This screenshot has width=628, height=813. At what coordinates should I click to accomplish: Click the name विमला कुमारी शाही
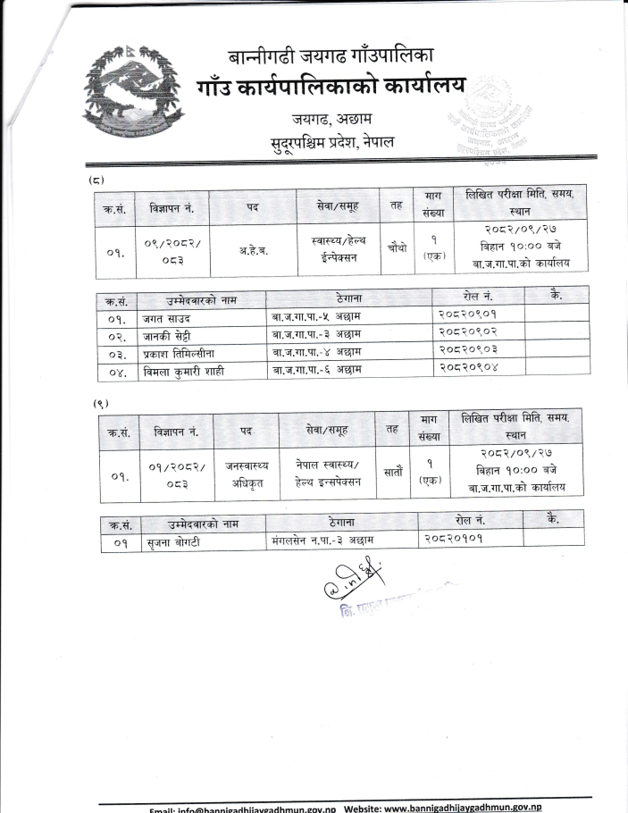(x=183, y=372)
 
